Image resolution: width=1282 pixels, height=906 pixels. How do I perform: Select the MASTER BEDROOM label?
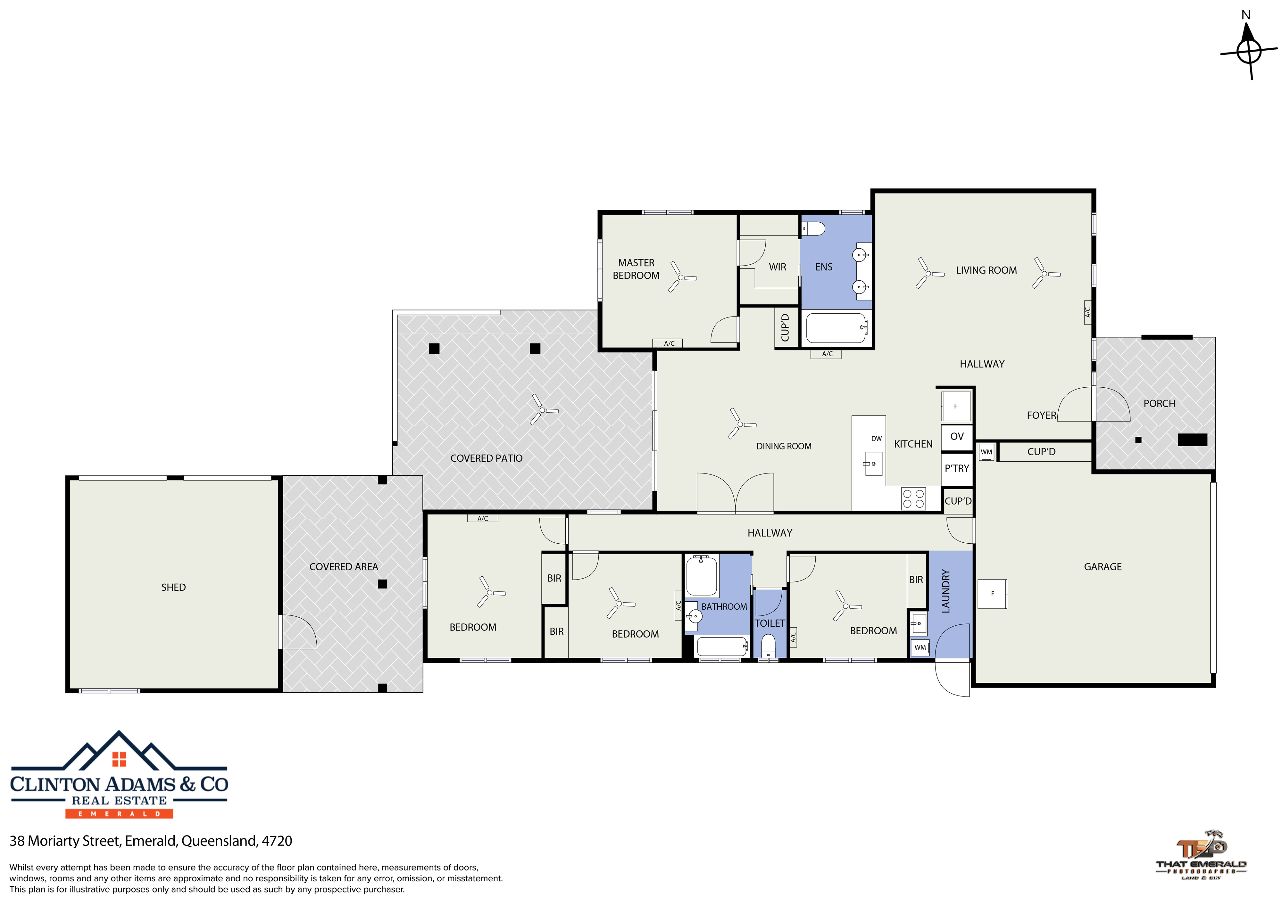coord(636,269)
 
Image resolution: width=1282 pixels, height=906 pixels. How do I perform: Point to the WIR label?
coord(777,267)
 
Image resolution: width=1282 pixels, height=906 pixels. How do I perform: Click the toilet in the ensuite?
coord(813,228)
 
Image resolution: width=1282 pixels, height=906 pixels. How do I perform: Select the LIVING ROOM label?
coord(986,270)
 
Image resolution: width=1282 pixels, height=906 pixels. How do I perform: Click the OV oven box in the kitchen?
coord(957,437)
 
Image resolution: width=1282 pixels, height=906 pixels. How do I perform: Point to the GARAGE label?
coord(1103,567)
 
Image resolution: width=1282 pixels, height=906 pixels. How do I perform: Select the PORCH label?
coord(1159,404)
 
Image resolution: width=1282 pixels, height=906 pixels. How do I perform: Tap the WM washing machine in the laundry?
coord(920,647)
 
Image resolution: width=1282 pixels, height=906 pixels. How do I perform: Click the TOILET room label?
coord(770,623)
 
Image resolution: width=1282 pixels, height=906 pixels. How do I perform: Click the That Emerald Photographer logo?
coord(1201,855)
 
